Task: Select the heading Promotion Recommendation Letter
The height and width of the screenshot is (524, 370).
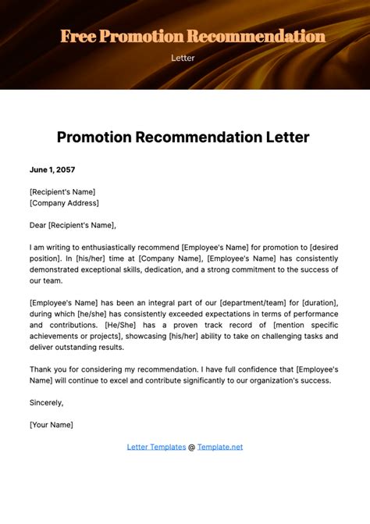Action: pyautogui.click(x=183, y=137)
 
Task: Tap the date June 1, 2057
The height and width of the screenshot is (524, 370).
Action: pyautogui.click(x=53, y=169)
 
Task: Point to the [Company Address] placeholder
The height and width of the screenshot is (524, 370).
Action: pyautogui.click(x=64, y=203)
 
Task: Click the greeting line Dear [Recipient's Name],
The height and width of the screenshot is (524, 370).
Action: pyautogui.click(x=72, y=226)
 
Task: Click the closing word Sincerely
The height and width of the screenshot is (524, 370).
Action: pyautogui.click(x=45, y=403)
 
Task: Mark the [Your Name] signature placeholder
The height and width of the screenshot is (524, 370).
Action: pyautogui.click(x=51, y=425)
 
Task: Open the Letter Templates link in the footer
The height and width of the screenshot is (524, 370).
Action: pyautogui.click(x=156, y=447)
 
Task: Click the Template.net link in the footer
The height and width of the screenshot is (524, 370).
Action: pyautogui.click(x=220, y=447)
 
